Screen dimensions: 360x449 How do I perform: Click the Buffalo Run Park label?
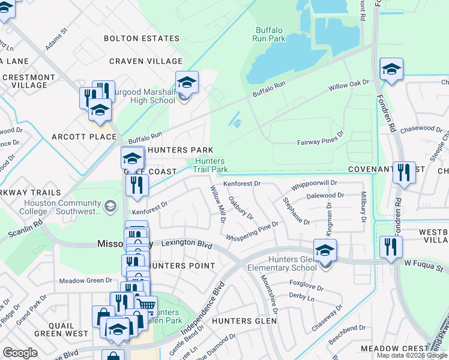click(270, 34)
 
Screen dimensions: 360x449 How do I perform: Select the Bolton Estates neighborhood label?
click(142, 38)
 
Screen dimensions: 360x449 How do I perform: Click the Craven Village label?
click(146, 61)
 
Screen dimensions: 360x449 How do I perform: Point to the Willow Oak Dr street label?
click(348, 86)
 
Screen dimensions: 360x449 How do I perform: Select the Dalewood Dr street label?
click(325, 196)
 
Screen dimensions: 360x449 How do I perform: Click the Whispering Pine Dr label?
click(252, 232)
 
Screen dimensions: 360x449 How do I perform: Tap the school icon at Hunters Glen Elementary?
click(325, 250)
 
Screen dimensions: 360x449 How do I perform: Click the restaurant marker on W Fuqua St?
click(391, 246)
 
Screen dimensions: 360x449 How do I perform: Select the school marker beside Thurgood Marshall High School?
click(187, 82)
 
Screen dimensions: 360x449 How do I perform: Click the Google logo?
click(20, 353)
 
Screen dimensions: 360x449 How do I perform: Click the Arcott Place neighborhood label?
click(83, 137)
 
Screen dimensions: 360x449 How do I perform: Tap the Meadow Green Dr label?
click(86, 280)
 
